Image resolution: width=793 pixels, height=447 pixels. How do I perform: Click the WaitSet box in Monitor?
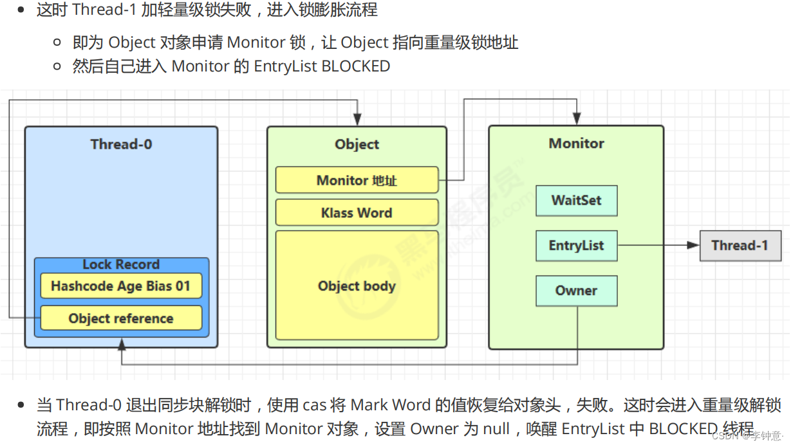(x=576, y=200)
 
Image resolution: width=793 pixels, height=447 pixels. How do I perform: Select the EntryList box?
(x=576, y=245)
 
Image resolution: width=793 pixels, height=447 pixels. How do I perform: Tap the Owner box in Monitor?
(x=576, y=290)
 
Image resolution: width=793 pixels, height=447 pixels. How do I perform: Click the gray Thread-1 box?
(x=740, y=245)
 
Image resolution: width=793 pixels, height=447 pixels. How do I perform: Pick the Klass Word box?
(x=357, y=213)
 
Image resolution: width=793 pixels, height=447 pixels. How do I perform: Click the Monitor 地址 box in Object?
(x=357, y=180)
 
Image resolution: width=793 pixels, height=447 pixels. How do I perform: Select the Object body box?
(x=357, y=286)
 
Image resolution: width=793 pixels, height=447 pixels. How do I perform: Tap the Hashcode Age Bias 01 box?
(x=121, y=286)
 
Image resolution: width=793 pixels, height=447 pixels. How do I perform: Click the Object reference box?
(x=121, y=318)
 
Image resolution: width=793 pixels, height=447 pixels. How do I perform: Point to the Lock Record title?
(x=121, y=265)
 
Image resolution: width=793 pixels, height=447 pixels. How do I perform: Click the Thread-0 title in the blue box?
(x=121, y=144)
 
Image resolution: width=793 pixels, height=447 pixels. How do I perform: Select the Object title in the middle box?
(x=357, y=144)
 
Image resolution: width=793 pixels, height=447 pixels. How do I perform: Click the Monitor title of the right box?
(x=576, y=143)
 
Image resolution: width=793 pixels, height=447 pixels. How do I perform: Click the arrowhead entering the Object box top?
(x=357, y=120)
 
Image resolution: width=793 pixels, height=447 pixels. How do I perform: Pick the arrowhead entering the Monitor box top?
(x=576, y=120)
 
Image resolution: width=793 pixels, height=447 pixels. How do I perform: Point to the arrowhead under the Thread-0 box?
(x=122, y=345)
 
